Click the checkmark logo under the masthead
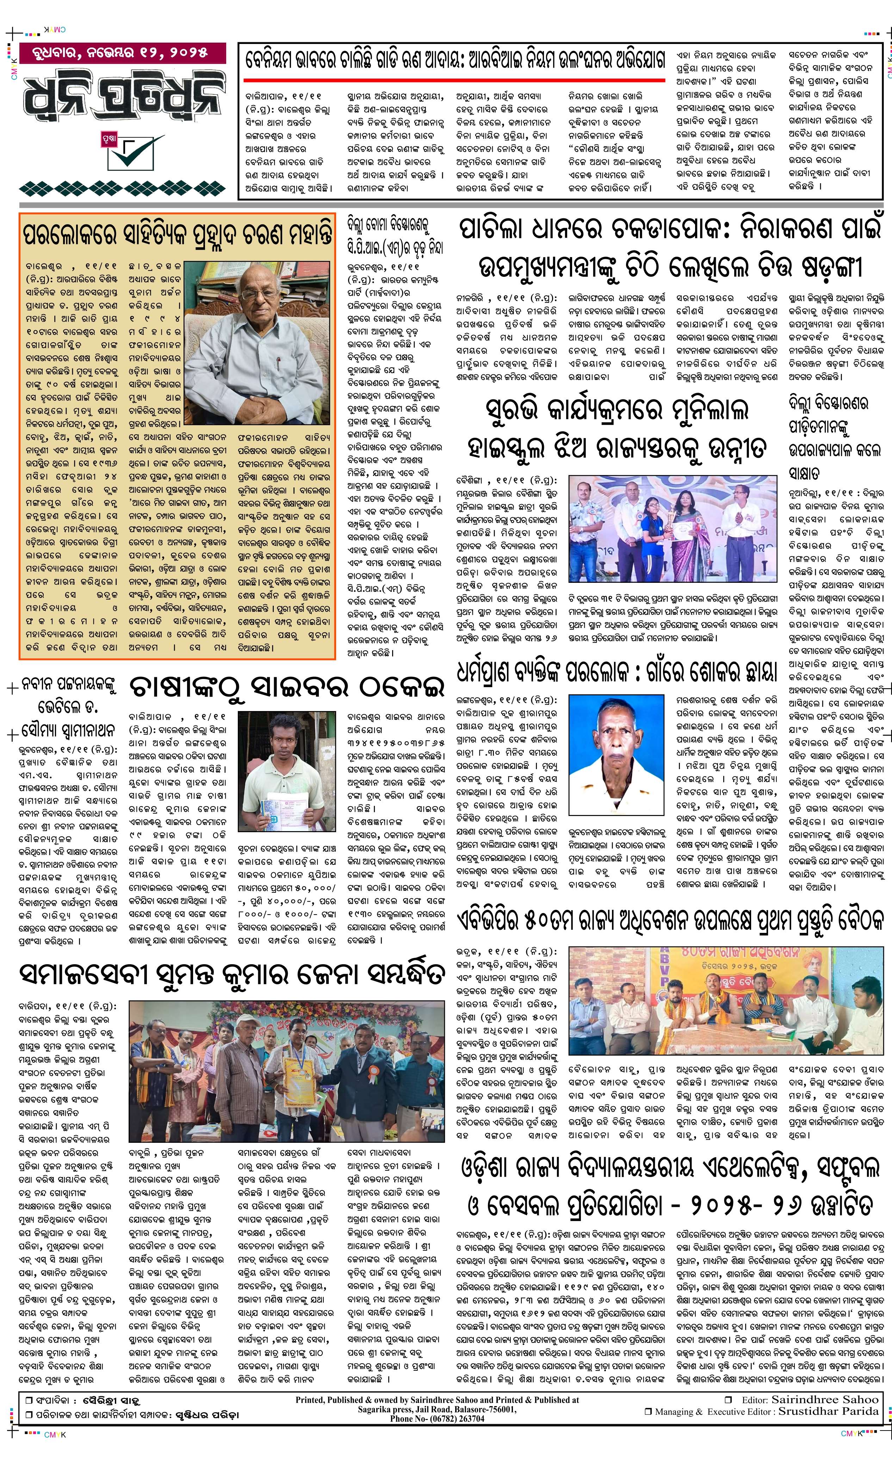click(x=128, y=151)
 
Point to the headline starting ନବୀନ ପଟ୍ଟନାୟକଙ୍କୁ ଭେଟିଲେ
click(x=67, y=707)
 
